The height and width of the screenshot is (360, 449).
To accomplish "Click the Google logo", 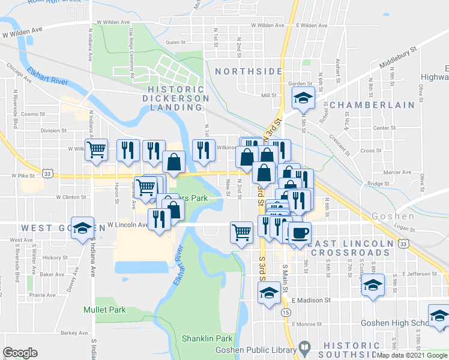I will coord(20,353).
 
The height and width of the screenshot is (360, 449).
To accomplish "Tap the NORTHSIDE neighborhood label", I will coord(249,71).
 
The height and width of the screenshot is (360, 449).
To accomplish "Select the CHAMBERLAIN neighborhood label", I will coord(372,104).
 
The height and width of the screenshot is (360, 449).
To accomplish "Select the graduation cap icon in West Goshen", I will coord(83,227).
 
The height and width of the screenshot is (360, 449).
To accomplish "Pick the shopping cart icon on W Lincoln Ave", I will coord(241,231).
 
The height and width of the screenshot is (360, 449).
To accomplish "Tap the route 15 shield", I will coord(286,313).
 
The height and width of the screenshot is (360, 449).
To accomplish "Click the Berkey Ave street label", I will coord(74,333).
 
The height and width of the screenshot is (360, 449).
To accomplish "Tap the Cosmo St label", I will coord(32,113).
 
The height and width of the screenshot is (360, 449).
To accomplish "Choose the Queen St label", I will coord(177,43).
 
